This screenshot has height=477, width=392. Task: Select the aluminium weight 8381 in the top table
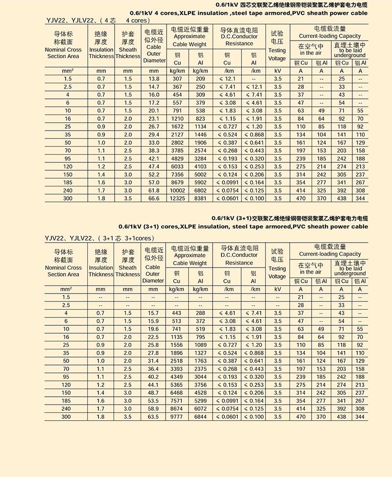coord(200,198)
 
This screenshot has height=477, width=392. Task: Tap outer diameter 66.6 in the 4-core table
coord(154,198)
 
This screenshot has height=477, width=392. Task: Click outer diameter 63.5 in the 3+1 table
coord(153,417)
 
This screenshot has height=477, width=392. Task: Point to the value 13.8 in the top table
coord(154,79)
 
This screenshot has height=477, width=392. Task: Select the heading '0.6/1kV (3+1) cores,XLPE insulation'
coord(243,227)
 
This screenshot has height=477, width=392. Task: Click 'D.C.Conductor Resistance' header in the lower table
coord(239,259)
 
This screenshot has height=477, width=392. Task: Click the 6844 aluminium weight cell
coord(200,417)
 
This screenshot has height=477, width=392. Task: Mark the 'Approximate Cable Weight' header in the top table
coord(190,40)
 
